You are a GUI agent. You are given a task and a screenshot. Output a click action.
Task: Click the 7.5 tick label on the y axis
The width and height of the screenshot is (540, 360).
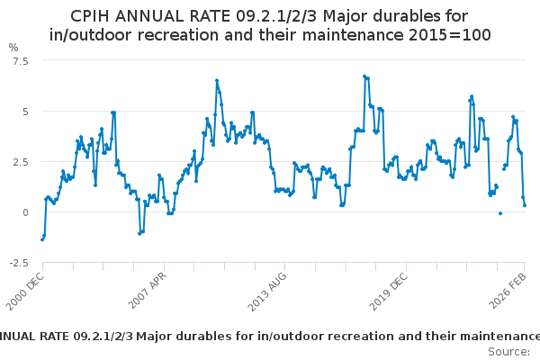click(19, 60)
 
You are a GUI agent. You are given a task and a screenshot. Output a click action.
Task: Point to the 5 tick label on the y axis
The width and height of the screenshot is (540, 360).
click(24, 112)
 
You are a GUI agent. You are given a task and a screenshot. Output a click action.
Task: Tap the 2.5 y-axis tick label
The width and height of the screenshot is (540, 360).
click(19, 162)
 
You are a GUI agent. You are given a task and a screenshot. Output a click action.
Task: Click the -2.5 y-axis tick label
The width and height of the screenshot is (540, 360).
click(17, 263)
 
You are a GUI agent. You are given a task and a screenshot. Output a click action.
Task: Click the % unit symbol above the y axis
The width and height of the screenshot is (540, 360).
click(13, 47)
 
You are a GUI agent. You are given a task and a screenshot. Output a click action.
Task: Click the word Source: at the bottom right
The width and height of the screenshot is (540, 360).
click(508, 351)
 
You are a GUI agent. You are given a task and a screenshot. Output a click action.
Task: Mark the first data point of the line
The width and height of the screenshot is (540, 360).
click(41, 239)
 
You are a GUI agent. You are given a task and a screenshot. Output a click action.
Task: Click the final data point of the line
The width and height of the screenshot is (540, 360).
click(525, 205)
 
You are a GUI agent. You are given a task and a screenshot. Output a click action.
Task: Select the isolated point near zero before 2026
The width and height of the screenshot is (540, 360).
click(500, 213)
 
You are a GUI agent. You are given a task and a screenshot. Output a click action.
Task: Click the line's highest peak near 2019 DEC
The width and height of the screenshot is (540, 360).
click(364, 76)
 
